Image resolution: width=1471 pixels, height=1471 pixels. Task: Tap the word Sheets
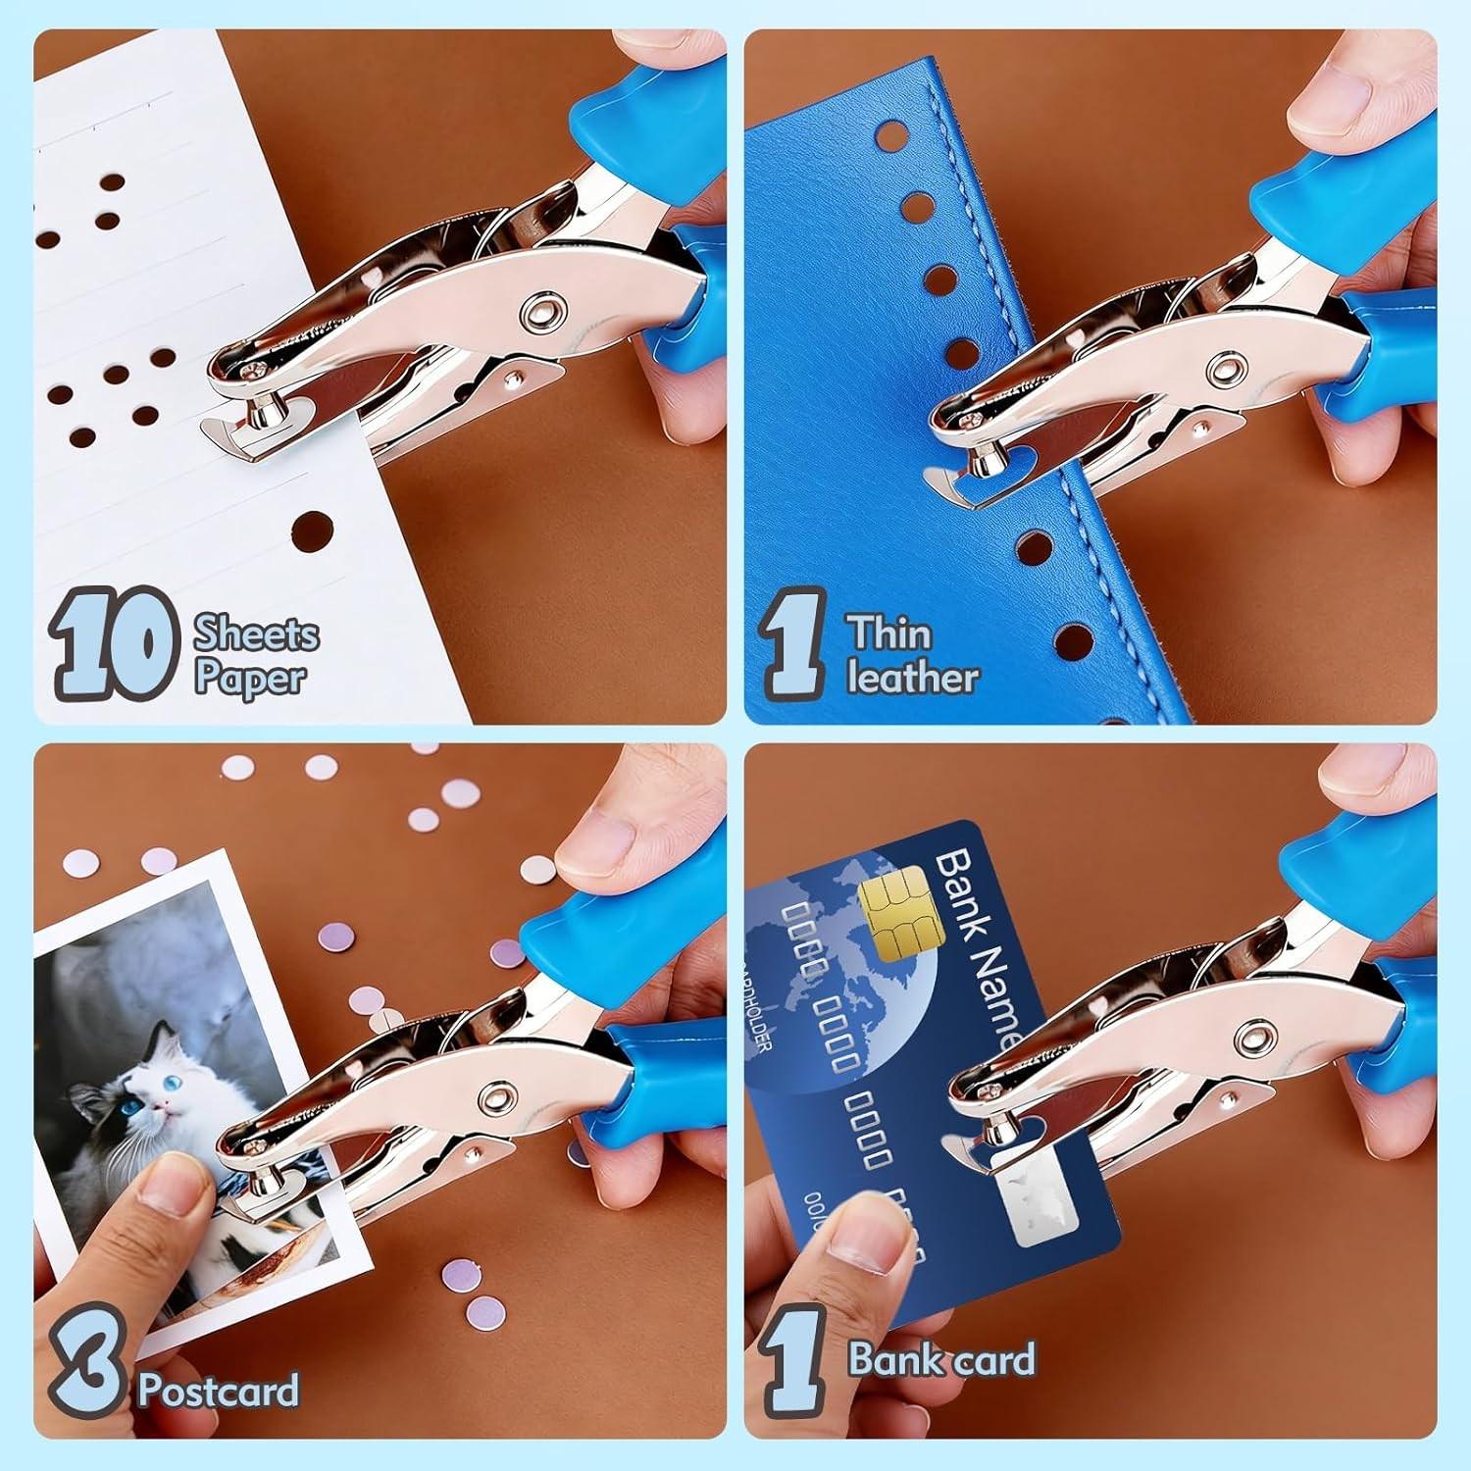pos(256,634)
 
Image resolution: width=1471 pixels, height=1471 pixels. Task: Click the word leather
pos(912,678)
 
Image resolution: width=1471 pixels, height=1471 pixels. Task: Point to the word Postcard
pos(218,1391)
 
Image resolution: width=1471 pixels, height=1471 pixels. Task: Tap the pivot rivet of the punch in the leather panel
pos(1224,370)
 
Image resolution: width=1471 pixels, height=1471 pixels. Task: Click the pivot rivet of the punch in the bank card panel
pos(1253,1036)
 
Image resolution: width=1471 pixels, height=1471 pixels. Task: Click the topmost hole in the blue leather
pos(891,134)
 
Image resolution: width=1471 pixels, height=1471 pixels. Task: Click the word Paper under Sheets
pos(249,678)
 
